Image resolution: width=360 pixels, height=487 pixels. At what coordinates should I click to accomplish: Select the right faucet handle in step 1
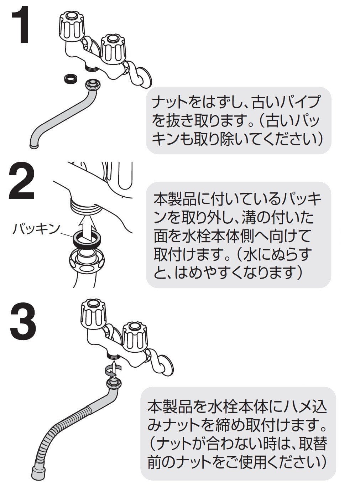click(x=114, y=48)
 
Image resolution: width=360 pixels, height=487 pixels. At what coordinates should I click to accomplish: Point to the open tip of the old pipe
click(x=35, y=145)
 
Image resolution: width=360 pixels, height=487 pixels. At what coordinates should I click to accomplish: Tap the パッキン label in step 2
click(x=36, y=229)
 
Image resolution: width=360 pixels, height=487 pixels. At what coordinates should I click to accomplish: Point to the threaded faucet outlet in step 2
click(x=85, y=206)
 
